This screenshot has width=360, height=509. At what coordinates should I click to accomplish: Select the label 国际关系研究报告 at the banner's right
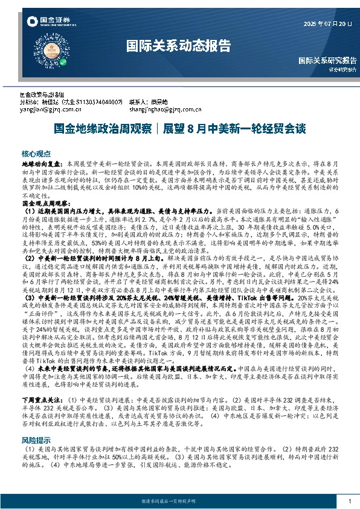[x=327, y=60]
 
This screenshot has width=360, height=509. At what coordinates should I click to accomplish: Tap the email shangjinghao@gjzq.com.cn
[x=161, y=109]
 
